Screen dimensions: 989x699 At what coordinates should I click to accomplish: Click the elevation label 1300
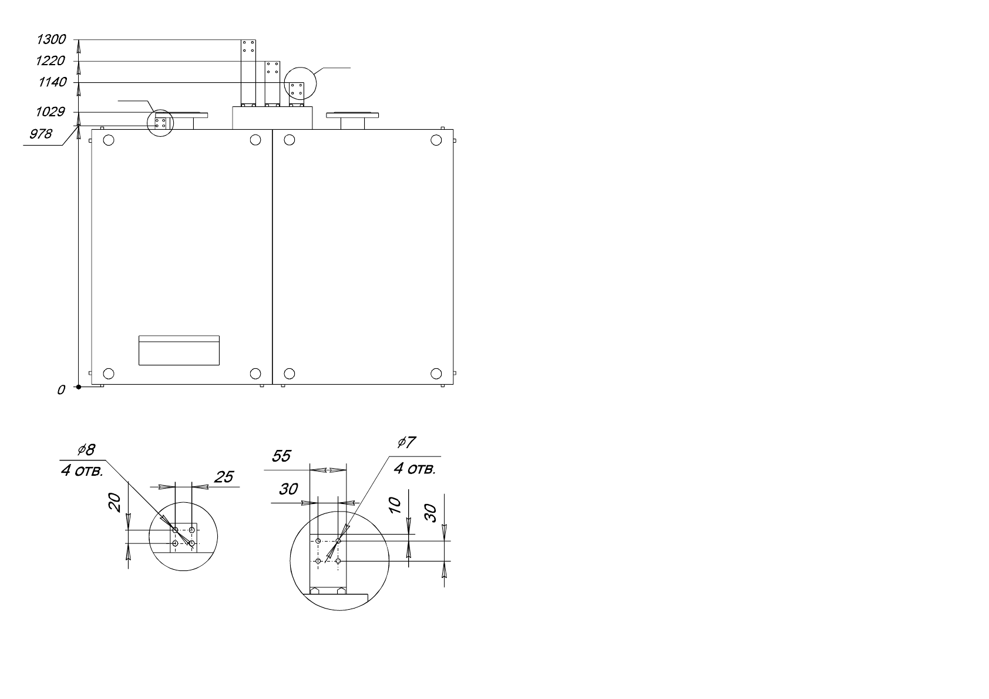coord(51,40)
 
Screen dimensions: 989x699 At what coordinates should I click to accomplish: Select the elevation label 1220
coord(51,61)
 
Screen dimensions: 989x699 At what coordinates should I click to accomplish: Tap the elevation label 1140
coord(52,82)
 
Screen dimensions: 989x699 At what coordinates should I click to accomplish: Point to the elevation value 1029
coord(51,112)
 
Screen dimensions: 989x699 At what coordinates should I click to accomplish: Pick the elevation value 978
coord(41,134)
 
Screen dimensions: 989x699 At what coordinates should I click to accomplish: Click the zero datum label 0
coord(61,390)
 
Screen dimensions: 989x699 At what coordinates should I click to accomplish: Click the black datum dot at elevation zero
coord(79,387)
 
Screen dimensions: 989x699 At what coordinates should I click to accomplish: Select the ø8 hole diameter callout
coord(86,450)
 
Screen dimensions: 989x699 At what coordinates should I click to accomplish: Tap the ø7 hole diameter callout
coord(406,442)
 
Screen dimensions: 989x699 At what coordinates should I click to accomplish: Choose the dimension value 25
coord(224,477)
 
